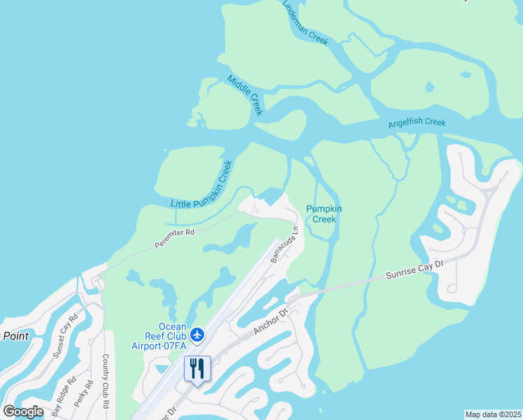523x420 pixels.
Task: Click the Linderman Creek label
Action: pyautogui.click(x=305, y=23)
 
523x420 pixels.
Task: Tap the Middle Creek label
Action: pyautogui.click(x=245, y=94)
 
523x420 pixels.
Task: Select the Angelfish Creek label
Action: pyautogui.click(x=417, y=123)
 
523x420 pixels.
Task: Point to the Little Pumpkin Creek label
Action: pyautogui.click(x=201, y=184)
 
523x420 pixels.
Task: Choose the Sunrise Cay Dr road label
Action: pyautogui.click(x=415, y=270)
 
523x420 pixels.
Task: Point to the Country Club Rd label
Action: pyautogui.click(x=106, y=381)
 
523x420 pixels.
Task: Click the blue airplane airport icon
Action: pyautogui.click(x=197, y=335)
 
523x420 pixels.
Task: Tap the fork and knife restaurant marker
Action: pyautogui.click(x=197, y=368)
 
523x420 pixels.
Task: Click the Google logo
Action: pyautogui.click(x=23, y=412)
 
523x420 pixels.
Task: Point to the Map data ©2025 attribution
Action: pyautogui.click(x=494, y=414)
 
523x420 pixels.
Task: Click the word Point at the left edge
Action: pyautogui.click(x=15, y=336)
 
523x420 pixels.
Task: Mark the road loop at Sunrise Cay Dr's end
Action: pyautogui.click(x=452, y=287)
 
